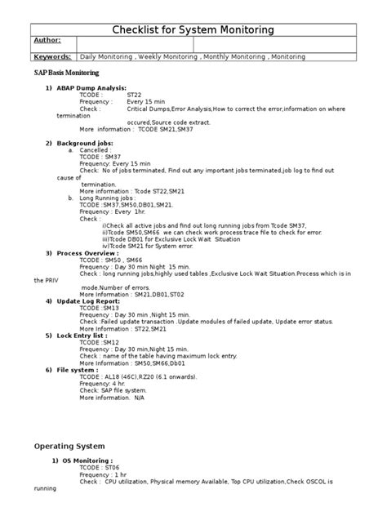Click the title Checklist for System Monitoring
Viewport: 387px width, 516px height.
[x=193, y=30]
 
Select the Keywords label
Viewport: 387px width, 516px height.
[x=52, y=57]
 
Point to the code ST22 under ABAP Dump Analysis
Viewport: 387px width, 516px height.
[x=135, y=95]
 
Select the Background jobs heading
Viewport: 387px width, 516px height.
[x=89, y=143]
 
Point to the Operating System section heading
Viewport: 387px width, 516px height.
[x=69, y=446]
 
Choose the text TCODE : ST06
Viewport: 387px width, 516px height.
[x=105, y=468]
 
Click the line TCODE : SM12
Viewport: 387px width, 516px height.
[x=105, y=342]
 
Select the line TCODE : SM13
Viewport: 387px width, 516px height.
[x=105, y=308]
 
